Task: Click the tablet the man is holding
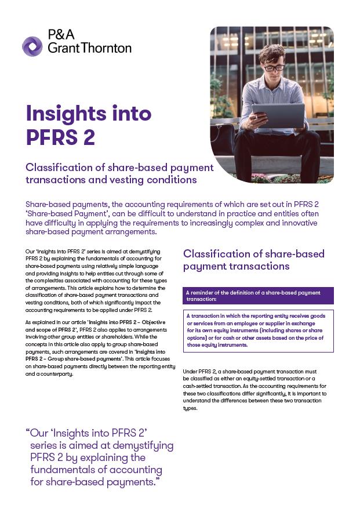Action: (x=278, y=115)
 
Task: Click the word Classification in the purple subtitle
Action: (x=59, y=168)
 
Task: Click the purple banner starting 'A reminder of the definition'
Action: (x=258, y=296)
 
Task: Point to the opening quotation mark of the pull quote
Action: (x=28, y=433)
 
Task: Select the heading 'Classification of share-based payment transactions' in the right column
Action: (x=253, y=260)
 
